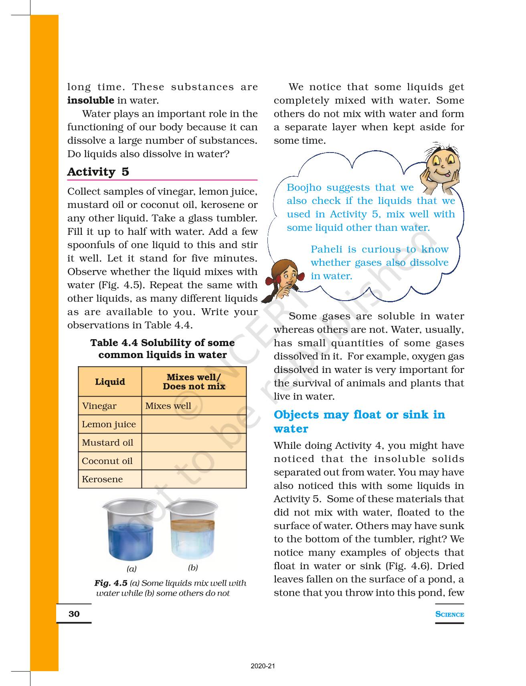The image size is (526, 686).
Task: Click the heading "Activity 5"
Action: pos(98,172)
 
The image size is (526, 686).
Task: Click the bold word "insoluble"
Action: pos(91,100)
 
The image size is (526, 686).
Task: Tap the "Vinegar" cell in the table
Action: pos(99,406)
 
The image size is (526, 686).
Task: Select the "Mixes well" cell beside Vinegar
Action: pos(168,406)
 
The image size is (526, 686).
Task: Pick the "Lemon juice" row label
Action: pos(109,424)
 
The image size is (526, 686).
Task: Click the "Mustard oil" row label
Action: pos(107,443)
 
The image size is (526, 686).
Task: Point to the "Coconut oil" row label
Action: pos(107,461)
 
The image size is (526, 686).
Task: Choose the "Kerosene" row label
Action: pos(102,479)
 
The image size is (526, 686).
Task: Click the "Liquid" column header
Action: pos(110,382)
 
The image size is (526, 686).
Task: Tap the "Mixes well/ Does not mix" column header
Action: pos(194,382)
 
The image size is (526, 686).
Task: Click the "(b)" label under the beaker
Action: pos(193,568)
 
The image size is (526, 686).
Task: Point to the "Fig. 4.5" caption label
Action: pos(111,583)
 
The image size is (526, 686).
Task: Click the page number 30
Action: pos(74,614)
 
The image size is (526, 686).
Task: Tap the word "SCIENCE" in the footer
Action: pos(449,614)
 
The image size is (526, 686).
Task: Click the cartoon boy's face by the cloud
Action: pos(441,165)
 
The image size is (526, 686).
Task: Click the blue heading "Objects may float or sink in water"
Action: pos(359,421)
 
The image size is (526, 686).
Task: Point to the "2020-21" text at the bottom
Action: pos(263,666)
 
